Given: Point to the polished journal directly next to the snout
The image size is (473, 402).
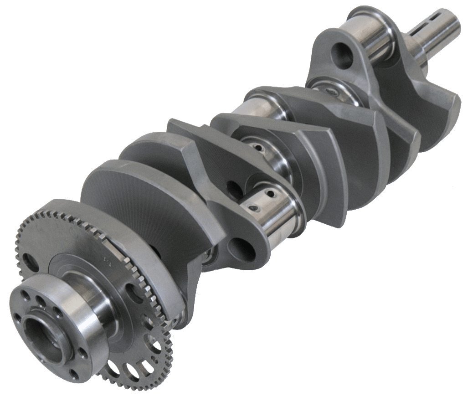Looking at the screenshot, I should coord(374,39).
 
